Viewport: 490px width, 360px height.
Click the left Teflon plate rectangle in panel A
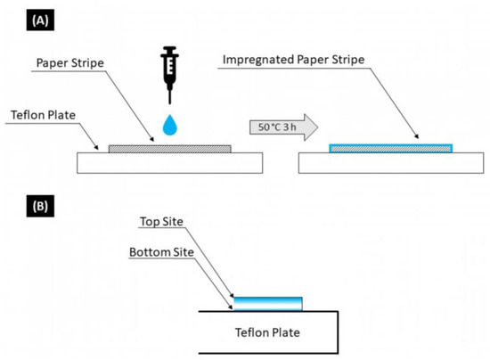[x=169, y=161]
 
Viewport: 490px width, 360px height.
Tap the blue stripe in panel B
[x=267, y=303]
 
